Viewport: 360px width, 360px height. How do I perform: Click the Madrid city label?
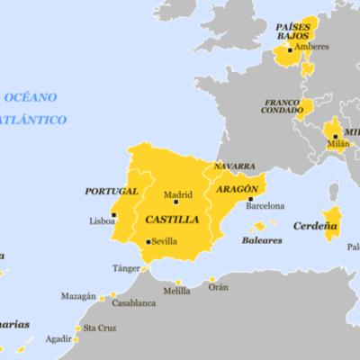[x=177, y=193]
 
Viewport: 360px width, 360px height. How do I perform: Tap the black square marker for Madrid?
[x=175, y=201]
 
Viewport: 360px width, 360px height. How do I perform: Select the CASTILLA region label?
[x=172, y=219]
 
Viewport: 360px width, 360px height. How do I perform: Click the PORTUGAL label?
[x=111, y=191]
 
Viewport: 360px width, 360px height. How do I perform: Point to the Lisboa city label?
[x=102, y=220]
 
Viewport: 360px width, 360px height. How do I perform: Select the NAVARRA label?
[x=234, y=166]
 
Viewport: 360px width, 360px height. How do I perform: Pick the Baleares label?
[x=261, y=240]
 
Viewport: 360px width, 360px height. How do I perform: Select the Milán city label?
[x=337, y=144]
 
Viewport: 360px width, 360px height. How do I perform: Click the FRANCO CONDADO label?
[x=282, y=106]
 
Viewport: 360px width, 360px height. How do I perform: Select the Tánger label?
[x=126, y=268]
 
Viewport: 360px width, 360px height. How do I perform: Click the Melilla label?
[x=176, y=292]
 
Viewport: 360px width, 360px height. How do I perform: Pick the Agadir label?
[x=58, y=339]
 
